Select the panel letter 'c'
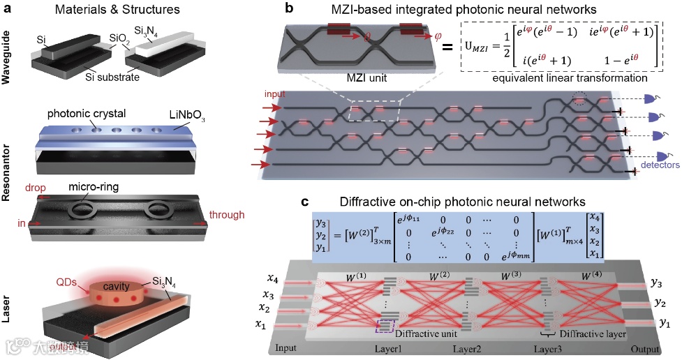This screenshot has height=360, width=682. point(305,202)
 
